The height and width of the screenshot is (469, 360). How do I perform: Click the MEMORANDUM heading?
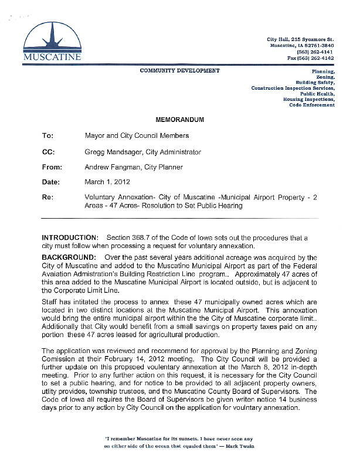click(x=180, y=120)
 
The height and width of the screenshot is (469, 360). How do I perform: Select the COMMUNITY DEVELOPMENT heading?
click(x=180, y=70)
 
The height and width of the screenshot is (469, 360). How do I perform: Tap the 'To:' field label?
click(x=47, y=136)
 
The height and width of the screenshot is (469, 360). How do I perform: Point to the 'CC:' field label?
click(x=49, y=152)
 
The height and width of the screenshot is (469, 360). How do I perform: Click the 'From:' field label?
click(x=52, y=167)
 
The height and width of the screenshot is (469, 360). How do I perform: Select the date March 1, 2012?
click(x=108, y=182)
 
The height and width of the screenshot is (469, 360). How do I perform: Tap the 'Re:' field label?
click(x=48, y=198)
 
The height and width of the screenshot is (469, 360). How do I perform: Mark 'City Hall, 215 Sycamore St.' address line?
click(x=300, y=39)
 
